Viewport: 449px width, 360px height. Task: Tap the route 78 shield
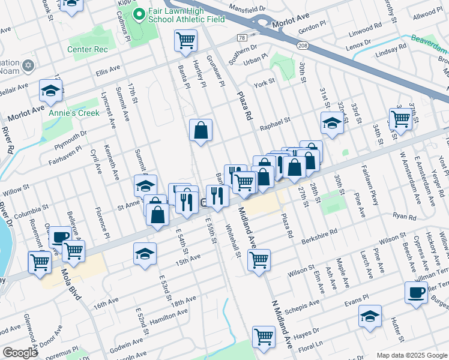coord(242,38)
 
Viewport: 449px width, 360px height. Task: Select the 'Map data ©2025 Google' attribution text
coord(411,355)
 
